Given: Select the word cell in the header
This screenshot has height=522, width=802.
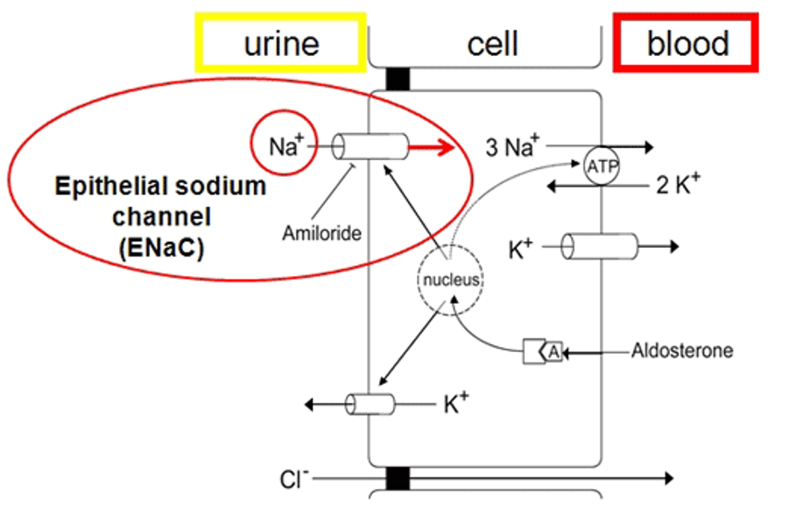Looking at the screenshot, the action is (493, 44).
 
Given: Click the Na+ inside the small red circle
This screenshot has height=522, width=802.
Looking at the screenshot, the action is (286, 146).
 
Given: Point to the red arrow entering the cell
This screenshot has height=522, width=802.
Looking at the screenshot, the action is (432, 148).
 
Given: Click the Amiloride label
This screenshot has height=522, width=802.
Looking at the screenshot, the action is (322, 233).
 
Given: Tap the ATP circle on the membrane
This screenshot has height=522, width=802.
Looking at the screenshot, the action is (601, 166).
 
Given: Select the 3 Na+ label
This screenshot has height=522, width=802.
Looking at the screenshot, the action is (512, 146).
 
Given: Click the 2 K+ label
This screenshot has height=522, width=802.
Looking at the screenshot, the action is (679, 184).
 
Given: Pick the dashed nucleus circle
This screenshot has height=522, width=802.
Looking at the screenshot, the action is (451, 279).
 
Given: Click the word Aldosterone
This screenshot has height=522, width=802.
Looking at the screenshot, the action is (682, 350).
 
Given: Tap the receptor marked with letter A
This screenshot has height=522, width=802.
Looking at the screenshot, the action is (543, 351).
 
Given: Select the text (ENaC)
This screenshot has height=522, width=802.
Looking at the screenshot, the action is (162, 248).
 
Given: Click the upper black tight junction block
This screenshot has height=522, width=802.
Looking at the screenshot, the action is (397, 79).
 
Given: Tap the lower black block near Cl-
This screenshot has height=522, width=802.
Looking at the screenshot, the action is (397, 478).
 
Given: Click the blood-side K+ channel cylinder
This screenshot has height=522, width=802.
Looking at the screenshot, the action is (600, 246).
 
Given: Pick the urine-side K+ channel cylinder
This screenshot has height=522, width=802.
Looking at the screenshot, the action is (369, 405).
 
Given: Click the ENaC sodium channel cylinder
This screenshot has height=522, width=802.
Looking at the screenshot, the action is (369, 147).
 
